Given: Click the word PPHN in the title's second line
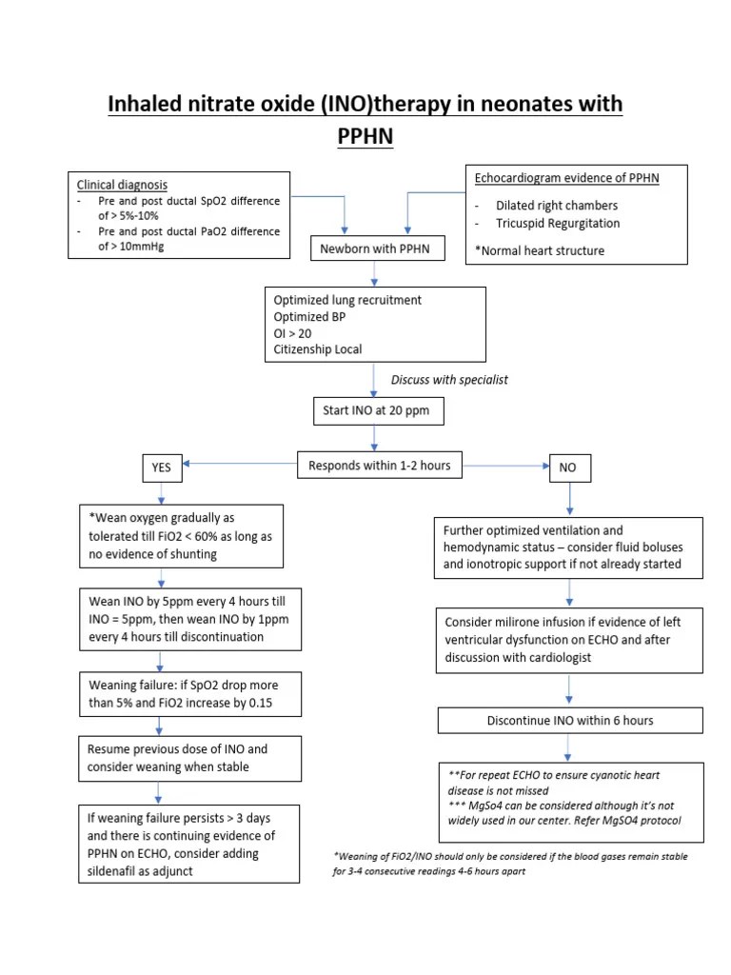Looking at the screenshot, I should pyautogui.click(x=365, y=138).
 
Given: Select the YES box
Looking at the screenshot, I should pyautogui.click(x=162, y=468).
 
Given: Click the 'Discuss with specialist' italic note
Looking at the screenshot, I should pyautogui.click(x=449, y=379).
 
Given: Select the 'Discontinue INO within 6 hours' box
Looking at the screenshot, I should pyautogui.click(x=569, y=721).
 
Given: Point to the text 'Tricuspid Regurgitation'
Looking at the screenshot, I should pyautogui.click(x=558, y=223).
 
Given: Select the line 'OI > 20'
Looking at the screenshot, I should pyautogui.click(x=293, y=334).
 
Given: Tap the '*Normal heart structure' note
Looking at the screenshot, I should pyautogui.click(x=540, y=250).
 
